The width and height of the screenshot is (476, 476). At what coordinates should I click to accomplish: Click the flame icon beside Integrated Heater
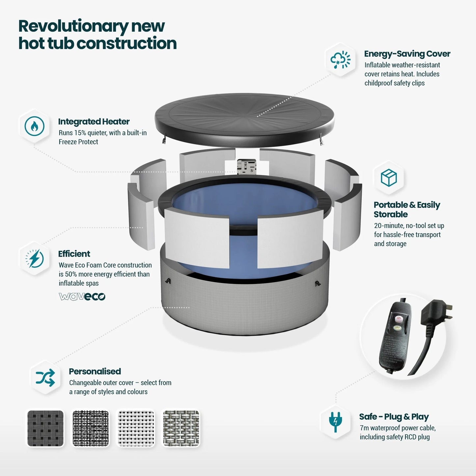coord(35,126)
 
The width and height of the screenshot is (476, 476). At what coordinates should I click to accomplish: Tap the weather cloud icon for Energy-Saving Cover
coord(340,60)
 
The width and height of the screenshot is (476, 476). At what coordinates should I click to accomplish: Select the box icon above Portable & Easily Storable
coord(389,178)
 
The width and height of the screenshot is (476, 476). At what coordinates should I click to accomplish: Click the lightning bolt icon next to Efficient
coord(35,259)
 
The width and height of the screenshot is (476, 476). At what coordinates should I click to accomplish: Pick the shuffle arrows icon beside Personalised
coord(45,378)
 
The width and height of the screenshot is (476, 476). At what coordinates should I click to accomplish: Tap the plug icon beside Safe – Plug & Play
coord(335,422)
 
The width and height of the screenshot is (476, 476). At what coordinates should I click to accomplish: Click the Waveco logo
coord(82,296)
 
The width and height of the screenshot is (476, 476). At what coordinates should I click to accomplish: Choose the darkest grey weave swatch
coord(45,429)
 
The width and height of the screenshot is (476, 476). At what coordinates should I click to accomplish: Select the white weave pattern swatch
coord(136,429)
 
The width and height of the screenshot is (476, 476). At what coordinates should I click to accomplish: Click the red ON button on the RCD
coord(399,319)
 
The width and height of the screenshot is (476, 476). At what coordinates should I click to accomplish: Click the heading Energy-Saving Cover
coord(407,54)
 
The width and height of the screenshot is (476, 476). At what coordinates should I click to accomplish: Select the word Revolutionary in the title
coord(73,27)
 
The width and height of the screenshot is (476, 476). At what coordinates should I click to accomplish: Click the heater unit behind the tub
coord(246,167)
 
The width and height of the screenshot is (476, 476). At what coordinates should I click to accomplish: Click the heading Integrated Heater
coord(94,122)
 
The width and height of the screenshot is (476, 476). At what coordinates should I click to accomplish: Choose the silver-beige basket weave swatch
coord(181,429)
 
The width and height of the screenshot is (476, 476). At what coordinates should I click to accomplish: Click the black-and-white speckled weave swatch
coord(91,429)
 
